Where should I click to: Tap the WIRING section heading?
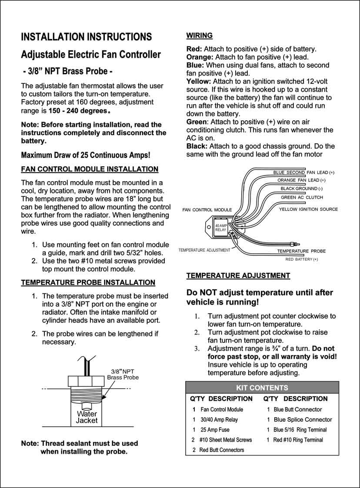(199, 35)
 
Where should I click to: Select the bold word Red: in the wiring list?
(194, 49)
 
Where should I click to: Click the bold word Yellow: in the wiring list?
(198, 81)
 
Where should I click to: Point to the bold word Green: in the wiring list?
(197, 122)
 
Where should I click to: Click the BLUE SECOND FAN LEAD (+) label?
(303, 173)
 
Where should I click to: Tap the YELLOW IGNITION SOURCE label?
(308, 209)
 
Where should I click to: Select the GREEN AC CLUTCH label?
(302, 197)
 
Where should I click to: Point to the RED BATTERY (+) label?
(301, 259)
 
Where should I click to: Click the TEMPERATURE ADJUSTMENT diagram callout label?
(204, 250)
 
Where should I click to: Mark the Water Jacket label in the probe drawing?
(87, 417)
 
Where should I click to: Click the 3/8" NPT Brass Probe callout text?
(123, 374)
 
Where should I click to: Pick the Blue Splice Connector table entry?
(303, 419)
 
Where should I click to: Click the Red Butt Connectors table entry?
(221, 450)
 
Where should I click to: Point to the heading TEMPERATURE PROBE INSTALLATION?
(88, 282)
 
